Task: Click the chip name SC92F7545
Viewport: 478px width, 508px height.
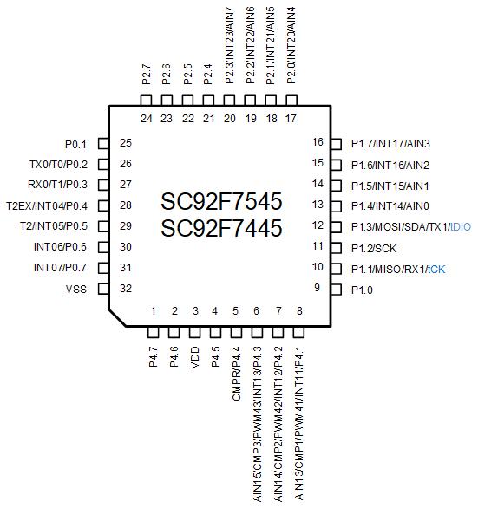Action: point(221,201)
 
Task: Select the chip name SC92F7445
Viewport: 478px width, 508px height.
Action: point(221,228)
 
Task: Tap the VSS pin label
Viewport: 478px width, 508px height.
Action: point(76,289)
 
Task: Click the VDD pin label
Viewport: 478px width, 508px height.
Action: point(195,357)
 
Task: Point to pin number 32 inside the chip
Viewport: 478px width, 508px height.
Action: point(126,288)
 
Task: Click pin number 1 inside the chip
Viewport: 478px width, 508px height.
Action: point(154,311)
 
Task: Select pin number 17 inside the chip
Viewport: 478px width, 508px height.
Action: point(291,119)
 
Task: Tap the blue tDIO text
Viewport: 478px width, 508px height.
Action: point(460,227)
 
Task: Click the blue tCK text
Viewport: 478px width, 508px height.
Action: point(436,270)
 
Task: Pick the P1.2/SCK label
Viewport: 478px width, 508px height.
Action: point(374,249)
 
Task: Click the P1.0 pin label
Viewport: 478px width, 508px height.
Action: point(362,290)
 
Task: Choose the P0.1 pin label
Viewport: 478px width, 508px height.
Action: point(75,145)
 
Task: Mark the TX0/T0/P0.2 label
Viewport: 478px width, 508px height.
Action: point(59,165)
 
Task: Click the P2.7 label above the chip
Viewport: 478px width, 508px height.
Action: point(147,75)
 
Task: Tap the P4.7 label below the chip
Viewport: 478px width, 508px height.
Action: point(154,356)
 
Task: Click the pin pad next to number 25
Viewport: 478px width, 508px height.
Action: point(103,144)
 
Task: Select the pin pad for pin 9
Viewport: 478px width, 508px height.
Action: point(336,290)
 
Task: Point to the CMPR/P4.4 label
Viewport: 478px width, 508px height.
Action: point(237,374)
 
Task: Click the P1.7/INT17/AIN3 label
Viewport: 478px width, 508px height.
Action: point(390,144)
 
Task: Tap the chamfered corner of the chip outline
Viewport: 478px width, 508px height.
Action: point(117,318)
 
